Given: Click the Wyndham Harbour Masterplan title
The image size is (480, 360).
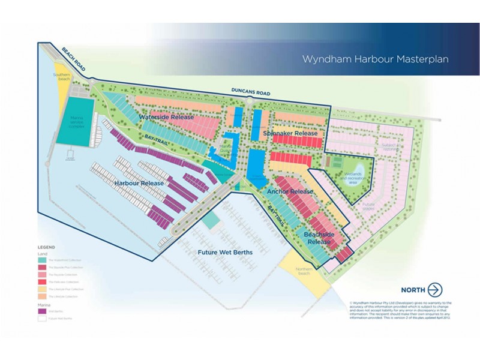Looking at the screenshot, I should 367,59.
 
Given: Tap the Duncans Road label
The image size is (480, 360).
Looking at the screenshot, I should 251,93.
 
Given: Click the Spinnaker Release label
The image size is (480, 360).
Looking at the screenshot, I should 290,133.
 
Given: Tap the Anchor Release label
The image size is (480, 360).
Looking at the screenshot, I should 290,192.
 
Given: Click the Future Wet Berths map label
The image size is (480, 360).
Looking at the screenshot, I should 225,253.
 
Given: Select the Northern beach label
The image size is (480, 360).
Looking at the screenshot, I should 304,271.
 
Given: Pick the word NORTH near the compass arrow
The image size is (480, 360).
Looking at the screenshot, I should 413,289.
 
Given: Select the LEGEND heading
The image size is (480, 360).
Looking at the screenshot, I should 46,247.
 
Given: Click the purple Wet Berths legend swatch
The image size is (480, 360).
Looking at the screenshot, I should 42,311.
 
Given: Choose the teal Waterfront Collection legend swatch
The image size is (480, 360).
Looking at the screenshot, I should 42,260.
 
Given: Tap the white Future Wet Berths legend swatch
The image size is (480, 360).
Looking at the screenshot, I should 42,318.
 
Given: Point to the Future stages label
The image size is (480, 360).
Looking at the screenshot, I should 373,208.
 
